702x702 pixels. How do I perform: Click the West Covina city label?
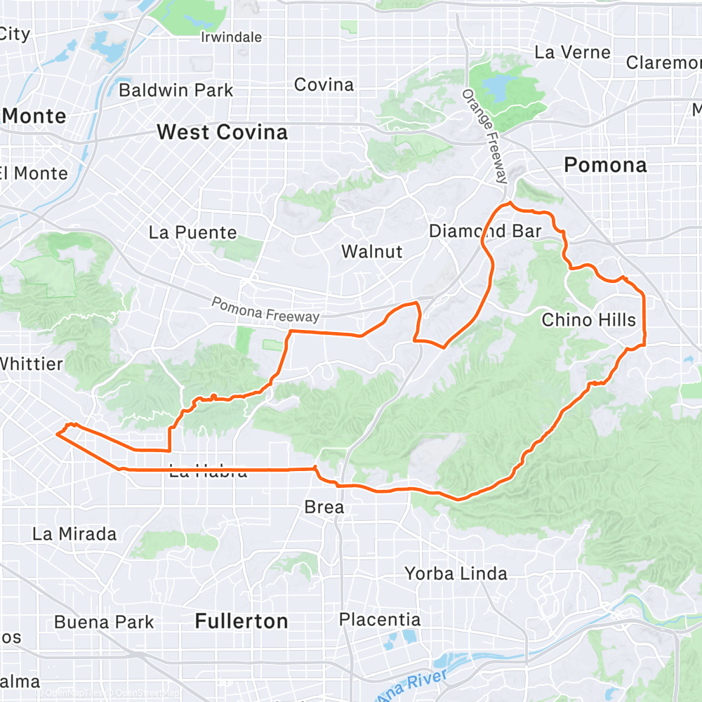pyautogui.click(x=222, y=132)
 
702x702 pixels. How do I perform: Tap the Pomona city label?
pyautogui.click(x=605, y=165)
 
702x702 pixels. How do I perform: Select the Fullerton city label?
pyautogui.click(x=241, y=621)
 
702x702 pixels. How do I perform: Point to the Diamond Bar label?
pyautogui.click(x=485, y=231)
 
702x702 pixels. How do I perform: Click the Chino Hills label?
pyautogui.click(x=588, y=320)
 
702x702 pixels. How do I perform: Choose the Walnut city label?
pyautogui.click(x=372, y=251)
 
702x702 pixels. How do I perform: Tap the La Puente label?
pyautogui.click(x=193, y=232)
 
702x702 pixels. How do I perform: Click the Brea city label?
pyautogui.click(x=324, y=507)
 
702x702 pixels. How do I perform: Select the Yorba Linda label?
pyautogui.click(x=456, y=574)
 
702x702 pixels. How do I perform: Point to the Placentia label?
pyautogui.click(x=380, y=620)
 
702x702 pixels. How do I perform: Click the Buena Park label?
pyautogui.click(x=104, y=622)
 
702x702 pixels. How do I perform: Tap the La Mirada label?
pyautogui.click(x=74, y=534)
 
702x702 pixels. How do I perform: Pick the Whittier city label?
pyautogui.click(x=32, y=364)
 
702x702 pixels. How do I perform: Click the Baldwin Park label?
pyautogui.click(x=175, y=90)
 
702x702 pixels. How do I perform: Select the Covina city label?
pyautogui.click(x=324, y=85)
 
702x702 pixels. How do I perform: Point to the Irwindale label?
pyautogui.click(x=231, y=37)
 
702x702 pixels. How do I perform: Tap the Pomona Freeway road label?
pyautogui.click(x=266, y=310)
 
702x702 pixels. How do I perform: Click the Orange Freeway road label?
pyautogui.click(x=484, y=137)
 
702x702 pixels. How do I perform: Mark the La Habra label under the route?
pyautogui.click(x=208, y=472)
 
